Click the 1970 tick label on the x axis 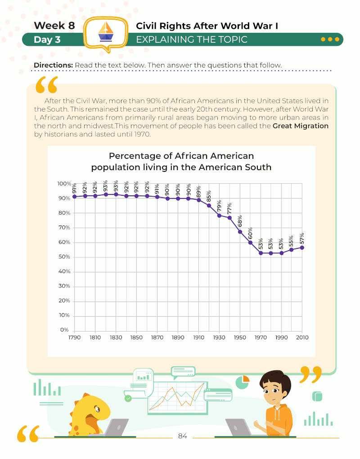pyautogui.click(x=261, y=337)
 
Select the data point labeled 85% pyautogui.click(x=209, y=206)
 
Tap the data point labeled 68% pyautogui.click(x=240, y=232)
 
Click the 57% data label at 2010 pyautogui.click(x=302, y=238)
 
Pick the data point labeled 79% pyautogui.click(x=219, y=215)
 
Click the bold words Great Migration pyautogui.click(x=301, y=126)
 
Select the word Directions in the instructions pyautogui.click(x=53, y=65)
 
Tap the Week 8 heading pyautogui.click(x=54, y=26)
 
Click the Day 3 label pyautogui.click(x=47, y=40)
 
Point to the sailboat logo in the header pyautogui.click(x=105, y=32)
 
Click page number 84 pyautogui.click(x=183, y=436)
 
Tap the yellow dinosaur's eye pyautogui.click(x=96, y=409)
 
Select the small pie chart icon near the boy pyautogui.click(x=242, y=382)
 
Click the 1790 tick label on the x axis pyautogui.click(x=74, y=337)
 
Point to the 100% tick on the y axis pyautogui.click(x=64, y=184)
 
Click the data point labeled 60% pyautogui.click(x=250, y=243)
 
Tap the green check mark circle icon pyautogui.click(x=128, y=398)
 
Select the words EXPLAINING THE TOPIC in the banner pyautogui.click(x=192, y=40)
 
